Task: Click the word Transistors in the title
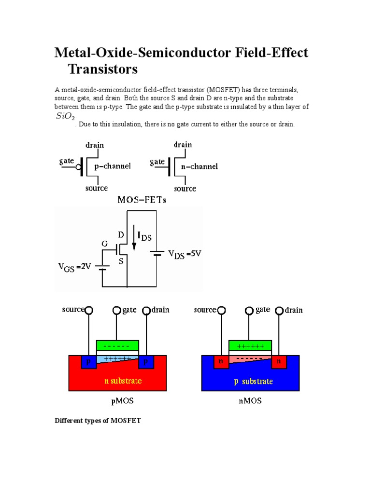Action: pos(103,69)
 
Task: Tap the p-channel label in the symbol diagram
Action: pos(113,166)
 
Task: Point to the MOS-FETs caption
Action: pos(141,199)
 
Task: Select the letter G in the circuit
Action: pos(104,244)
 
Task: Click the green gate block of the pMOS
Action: pos(118,345)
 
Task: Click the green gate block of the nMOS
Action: pos(250,345)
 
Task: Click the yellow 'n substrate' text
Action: pos(123,381)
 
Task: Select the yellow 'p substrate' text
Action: pos(253,381)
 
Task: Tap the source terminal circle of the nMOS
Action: pos(221,311)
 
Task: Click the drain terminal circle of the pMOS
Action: pos(146,310)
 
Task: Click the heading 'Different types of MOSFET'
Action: pos(98,420)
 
